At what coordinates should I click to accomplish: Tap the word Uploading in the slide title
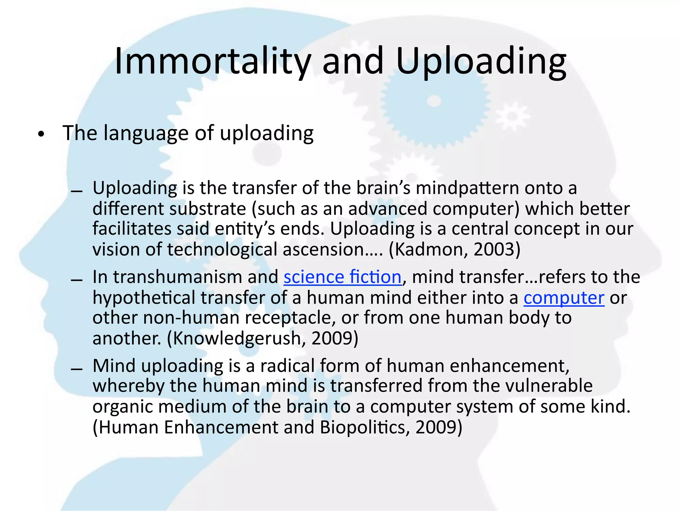pyautogui.click(x=481, y=62)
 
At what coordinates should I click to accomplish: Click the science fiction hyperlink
pyautogui.click(x=342, y=277)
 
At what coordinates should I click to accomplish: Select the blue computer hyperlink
pyautogui.click(x=564, y=298)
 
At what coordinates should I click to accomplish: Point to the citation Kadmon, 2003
pyautogui.click(x=454, y=250)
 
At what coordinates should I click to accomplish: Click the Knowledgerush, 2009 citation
pyautogui.click(x=263, y=338)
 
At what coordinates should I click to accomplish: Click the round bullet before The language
pyautogui.click(x=41, y=135)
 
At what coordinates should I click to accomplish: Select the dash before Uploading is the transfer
pyautogui.click(x=77, y=191)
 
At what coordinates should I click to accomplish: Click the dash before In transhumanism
pyautogui.click(x=77, y=280)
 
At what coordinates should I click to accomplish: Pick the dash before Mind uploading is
pyautogui.click(x=77, y=369)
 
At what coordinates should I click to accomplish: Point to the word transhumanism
pyautogui.click(x=196, y=277)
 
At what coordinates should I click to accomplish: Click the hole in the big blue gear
pyautogui.click(x=434, y=101)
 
